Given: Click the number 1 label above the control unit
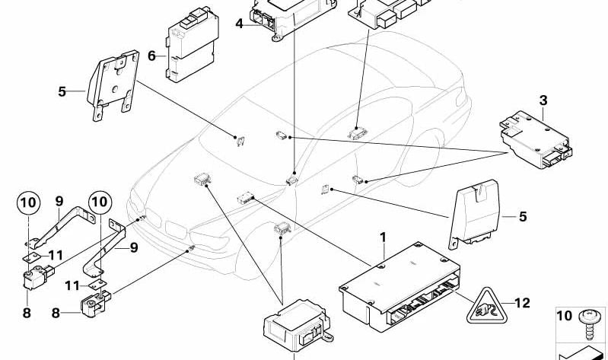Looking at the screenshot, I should [x=384, y=239].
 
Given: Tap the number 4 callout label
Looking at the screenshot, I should [x=238, y=24].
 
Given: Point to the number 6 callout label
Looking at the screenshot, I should [x=151, y=56].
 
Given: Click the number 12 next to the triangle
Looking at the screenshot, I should [x=521, y=303].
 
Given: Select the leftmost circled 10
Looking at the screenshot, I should [x=27, y=203].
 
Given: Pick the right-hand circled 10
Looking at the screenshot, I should [x=99, y=203].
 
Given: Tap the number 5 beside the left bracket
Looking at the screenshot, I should [x=62, y=92].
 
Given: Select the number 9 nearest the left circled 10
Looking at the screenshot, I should [x=59, y=201].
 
